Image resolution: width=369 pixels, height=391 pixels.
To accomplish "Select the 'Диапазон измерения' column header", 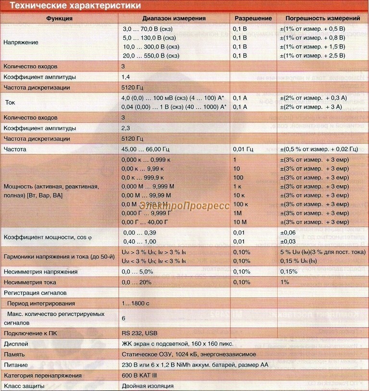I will pos(174,18).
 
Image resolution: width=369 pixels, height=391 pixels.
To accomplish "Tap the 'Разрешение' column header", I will pos(253,18).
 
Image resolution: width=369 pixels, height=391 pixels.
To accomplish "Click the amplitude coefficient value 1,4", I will pos(126,77).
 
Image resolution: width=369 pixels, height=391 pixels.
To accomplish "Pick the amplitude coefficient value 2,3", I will pos(126,128).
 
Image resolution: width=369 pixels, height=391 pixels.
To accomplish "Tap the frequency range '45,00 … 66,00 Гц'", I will pos(146,149).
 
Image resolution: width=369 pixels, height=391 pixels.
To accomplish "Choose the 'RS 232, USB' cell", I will pos(139,333).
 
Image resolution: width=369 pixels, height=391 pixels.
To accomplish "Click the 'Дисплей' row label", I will pos(15,343).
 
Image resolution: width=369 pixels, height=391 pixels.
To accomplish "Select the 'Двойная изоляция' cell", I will pos(148,386).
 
